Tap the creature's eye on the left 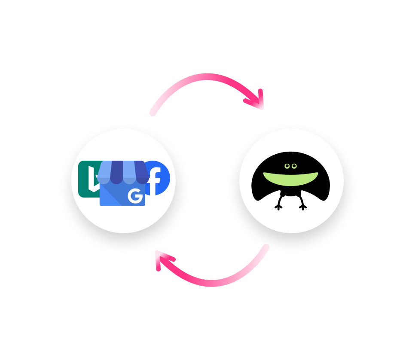[287, 166]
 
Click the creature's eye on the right [294, 166]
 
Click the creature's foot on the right [303, 207]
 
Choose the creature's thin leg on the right [300, 200]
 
